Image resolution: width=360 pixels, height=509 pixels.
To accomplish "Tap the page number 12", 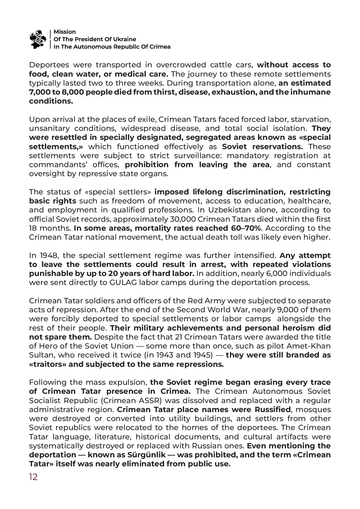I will [33, 477].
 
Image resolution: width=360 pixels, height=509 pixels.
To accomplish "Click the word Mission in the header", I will [65, 32].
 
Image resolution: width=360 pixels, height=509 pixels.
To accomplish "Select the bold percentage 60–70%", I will [246, 228].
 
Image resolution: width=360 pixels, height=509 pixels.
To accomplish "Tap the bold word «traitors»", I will [48, 364].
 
